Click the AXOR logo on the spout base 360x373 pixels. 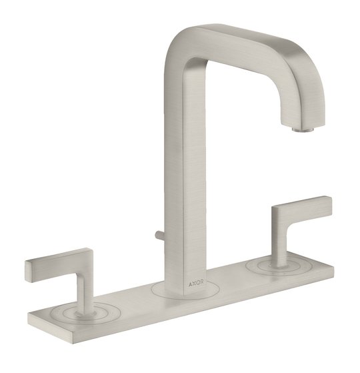(196, 284)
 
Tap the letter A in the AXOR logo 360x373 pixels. (190, 284)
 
